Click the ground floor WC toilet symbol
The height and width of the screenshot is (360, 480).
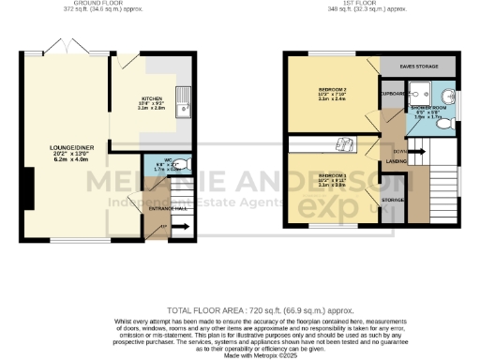tap(183, 165)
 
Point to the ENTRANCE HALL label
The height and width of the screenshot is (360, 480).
tap(165, 208)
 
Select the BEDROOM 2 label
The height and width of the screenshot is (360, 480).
tap(333, 89)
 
